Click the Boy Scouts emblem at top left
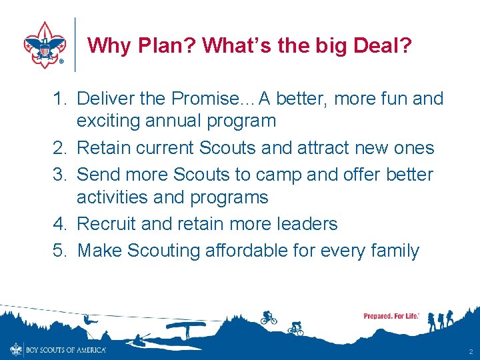point(45,45)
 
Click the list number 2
point(60,148)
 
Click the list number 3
point(60,175)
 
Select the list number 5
point(60,251)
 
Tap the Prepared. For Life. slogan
point(391,316)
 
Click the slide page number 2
point(470,351)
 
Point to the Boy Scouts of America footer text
point(65,349)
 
